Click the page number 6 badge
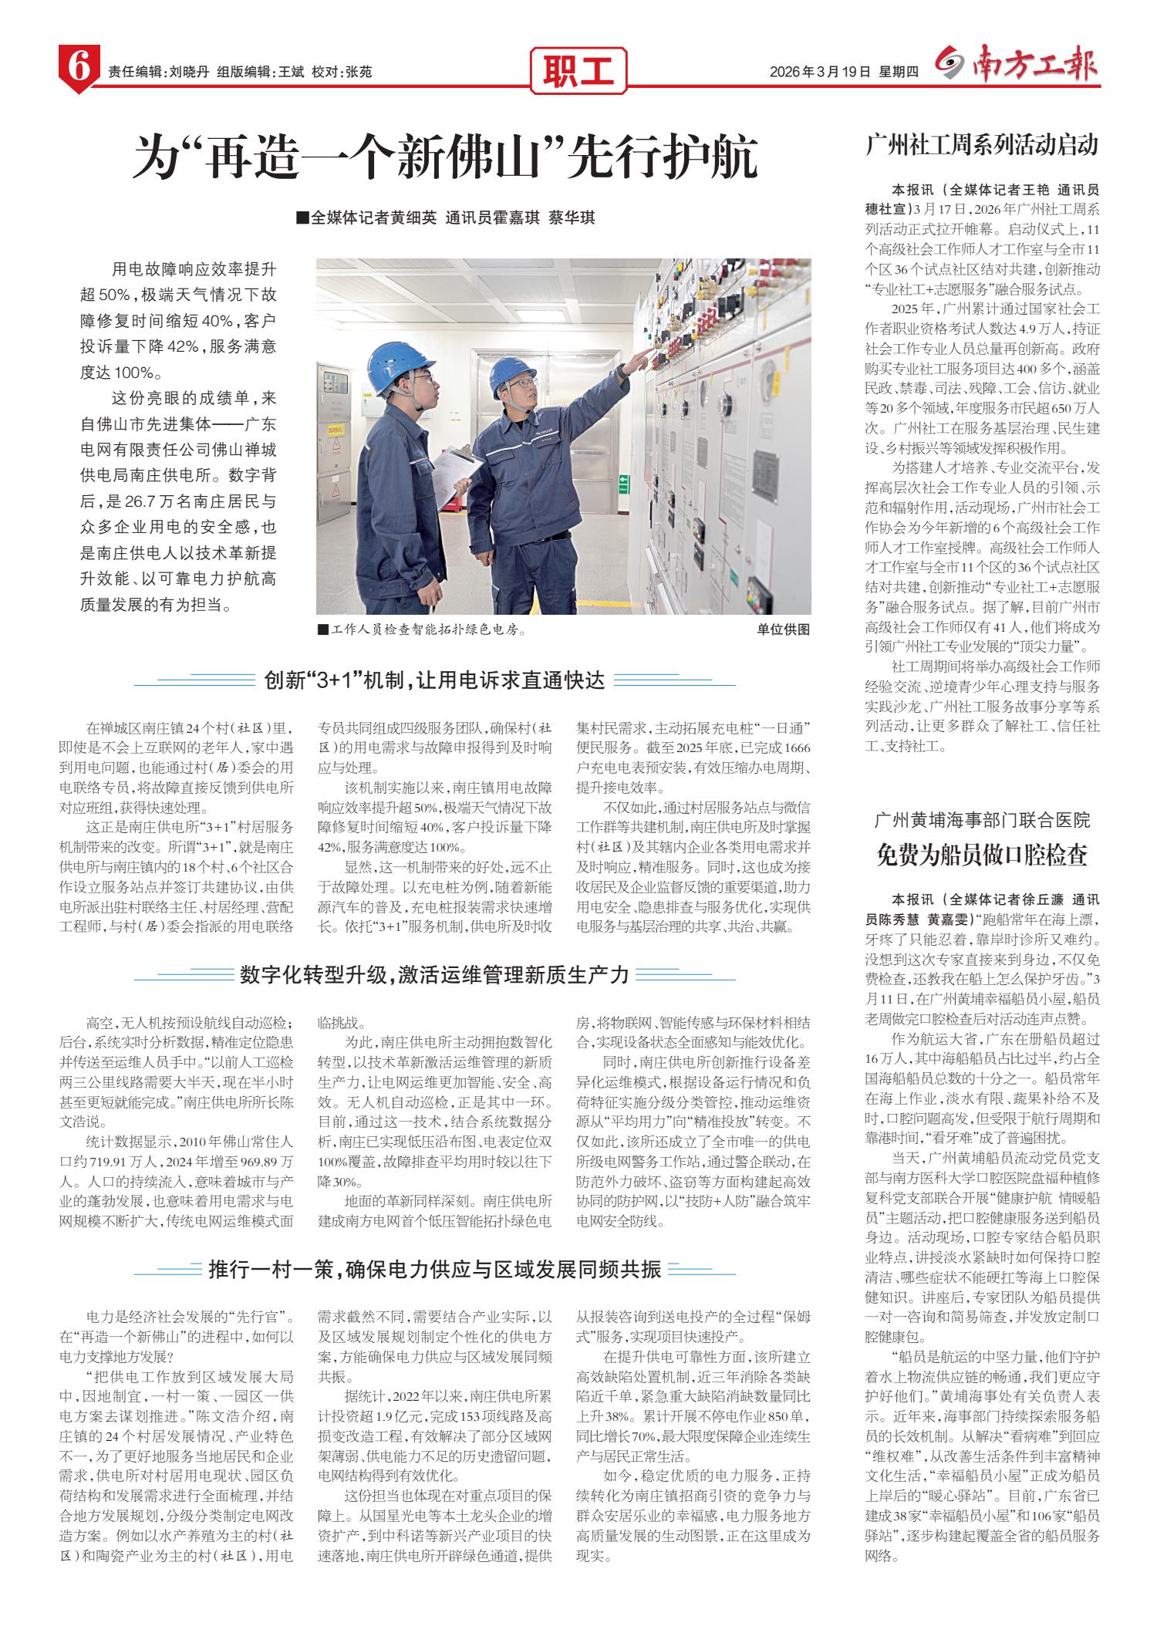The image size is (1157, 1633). pyautogui.click(x=79, y=69)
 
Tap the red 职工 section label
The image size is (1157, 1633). pyautogui.click(x=578, y=72)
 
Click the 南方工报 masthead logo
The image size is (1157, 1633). pyautogui.click(x=1017, y=66)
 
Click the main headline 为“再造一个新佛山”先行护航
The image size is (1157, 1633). pyautogui.click(x=445, y=157)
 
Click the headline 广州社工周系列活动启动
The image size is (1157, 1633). pyautogui.click(x=981, y=145)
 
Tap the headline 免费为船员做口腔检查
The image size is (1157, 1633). pyautogui.click(x=982, y=855)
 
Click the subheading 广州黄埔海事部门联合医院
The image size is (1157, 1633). pyautogui.click(x=982, y=818)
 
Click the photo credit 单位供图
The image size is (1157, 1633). pyautogui.click(x=783, y=629)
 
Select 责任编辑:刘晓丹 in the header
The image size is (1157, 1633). pyautogui.click(x=158, y=72)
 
